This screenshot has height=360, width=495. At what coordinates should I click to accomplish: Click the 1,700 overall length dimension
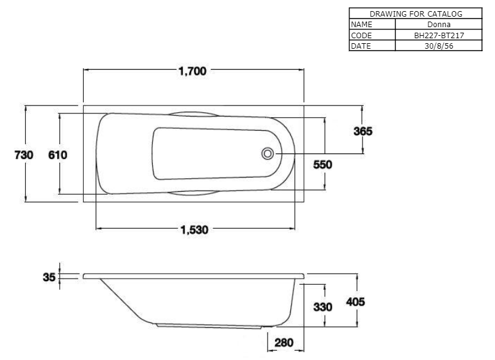click(x=192, y=71)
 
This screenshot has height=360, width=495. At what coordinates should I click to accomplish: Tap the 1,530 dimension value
click(x=194, y=229)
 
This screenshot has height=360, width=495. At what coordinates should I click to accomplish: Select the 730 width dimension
click(x=23, y=155)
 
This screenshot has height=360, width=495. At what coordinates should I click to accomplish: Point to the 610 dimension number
click(x=57, y=155)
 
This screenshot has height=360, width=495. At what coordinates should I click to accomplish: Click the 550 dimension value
click(x=322, y=165)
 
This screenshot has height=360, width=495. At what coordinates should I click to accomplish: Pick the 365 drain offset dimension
click(x=363, y=131)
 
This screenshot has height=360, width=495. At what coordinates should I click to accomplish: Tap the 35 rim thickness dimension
click(x=49, y=277)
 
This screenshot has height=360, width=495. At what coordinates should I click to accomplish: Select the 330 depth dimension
click(x=322, y=307)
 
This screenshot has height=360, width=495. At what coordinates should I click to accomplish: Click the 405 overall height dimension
click(x=356, y=302)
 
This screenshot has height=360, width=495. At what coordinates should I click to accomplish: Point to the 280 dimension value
click(x=284, y=343)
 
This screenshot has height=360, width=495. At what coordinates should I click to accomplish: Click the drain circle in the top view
click(x=268, y=153)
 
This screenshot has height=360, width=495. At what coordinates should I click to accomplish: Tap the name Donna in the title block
click(x=439, y=24)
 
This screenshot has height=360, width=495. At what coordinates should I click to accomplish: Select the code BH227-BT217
click(x=439, y=35)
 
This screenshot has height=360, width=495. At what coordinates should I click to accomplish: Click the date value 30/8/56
click(x=439, y=46)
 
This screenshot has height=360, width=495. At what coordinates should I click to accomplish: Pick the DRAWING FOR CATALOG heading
click(x=415, y=14)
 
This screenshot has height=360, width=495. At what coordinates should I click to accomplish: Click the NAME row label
click(x=361, y=24)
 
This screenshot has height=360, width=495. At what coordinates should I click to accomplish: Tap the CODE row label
click(x=361, y=35)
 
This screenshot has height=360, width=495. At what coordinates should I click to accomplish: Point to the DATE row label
click(x=361, y=46)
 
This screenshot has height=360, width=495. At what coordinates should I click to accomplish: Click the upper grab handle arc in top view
click(x=193, y=113)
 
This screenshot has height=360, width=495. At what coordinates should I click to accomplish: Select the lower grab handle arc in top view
click(x=193, y=193)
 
